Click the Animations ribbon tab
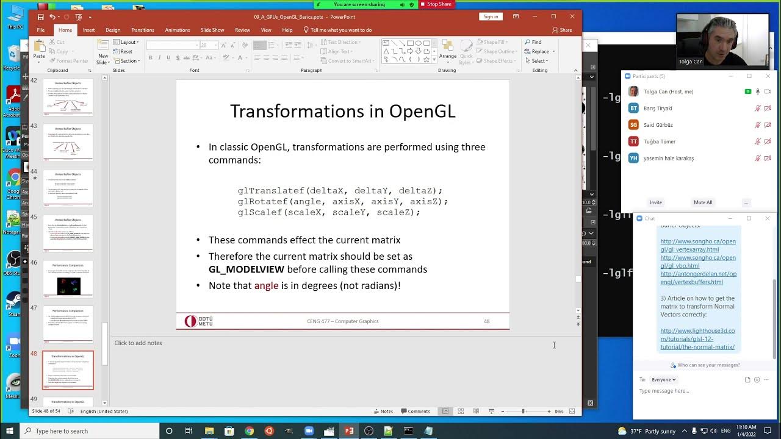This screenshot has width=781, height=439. click(x=177, y=30)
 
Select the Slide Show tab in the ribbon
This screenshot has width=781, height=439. click(x=212, y=30)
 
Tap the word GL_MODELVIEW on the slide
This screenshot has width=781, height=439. click(x=246, y=269)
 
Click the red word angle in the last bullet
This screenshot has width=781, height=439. click(x=266, y=285)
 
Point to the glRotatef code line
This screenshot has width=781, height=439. click(x=342, y=201)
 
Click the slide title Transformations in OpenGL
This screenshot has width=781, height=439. click(x=342, y=111)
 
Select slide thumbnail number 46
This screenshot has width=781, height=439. click(x=68, y=279)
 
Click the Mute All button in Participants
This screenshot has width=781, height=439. click(x=703, y=202)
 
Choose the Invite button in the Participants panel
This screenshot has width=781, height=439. click(x=656, y=202)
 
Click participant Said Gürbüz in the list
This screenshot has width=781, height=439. click(x=658, y=125)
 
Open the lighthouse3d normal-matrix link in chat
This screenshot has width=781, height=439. click(x=697, y=339)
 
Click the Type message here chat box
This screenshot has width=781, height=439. click(x=689, y=391)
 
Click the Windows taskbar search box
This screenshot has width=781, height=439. click(x=92, y=431)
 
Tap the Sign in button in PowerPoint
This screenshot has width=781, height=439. click(x=491, y=16)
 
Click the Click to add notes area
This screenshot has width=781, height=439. click(x=139, y=343)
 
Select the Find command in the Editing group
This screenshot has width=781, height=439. click(x=536, y=42)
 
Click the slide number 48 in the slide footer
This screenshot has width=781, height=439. click(x=486, y=321)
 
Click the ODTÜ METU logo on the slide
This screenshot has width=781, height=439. click(x=199, y=321)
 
